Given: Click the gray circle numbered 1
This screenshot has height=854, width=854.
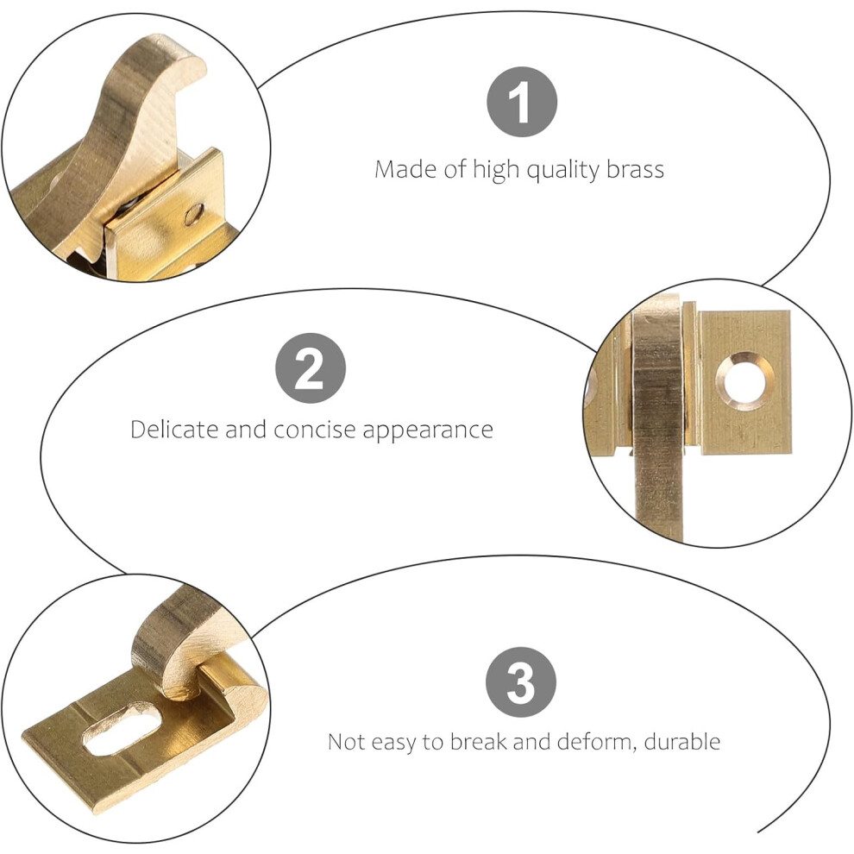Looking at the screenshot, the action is click(522, 102).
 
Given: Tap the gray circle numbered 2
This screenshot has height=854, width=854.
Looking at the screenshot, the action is click(311, 368).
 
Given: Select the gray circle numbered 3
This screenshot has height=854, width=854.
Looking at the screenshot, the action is click(521, 681).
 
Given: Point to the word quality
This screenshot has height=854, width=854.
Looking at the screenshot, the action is click(563, 171).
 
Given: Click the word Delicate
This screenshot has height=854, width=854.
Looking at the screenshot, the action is click(174, 430).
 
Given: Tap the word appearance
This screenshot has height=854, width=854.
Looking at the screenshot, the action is click(428, 430).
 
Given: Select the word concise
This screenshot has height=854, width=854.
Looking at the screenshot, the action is click(316, 430).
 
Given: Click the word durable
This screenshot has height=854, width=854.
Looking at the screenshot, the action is click(681, 741).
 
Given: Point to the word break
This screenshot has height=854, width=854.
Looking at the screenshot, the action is click(480, 741).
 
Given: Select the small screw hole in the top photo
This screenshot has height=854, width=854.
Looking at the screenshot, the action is click(194, 215).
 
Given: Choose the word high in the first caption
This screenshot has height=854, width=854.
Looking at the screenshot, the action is click(496, 171).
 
